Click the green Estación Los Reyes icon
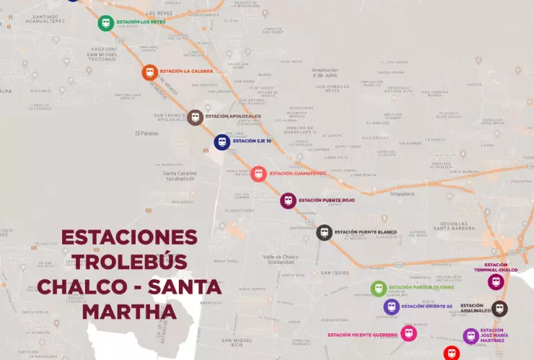106,23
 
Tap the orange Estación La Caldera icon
149,72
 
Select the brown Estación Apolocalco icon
195,117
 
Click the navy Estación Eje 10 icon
222,142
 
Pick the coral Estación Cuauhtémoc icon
258,174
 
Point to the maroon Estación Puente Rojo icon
288,201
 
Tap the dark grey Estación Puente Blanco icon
324,232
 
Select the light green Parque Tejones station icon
379,289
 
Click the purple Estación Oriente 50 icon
391,307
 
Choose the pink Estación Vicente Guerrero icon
409,333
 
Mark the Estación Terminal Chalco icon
496,281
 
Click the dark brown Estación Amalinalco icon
499,309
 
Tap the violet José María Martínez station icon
471,335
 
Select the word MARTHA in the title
129,312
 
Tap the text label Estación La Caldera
185,71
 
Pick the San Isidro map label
336,273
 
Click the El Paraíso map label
146,133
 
